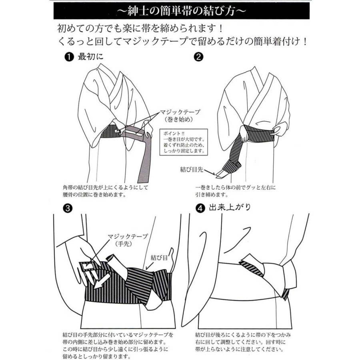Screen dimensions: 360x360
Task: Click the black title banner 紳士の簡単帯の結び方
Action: (x=180, y=11)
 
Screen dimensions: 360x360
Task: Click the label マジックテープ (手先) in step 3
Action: (x=128, y=240)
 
